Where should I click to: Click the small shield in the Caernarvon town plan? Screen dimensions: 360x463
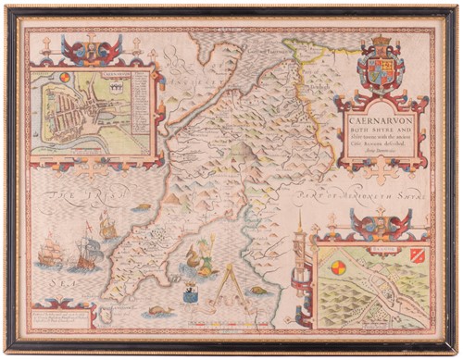[x=108, y=90]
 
